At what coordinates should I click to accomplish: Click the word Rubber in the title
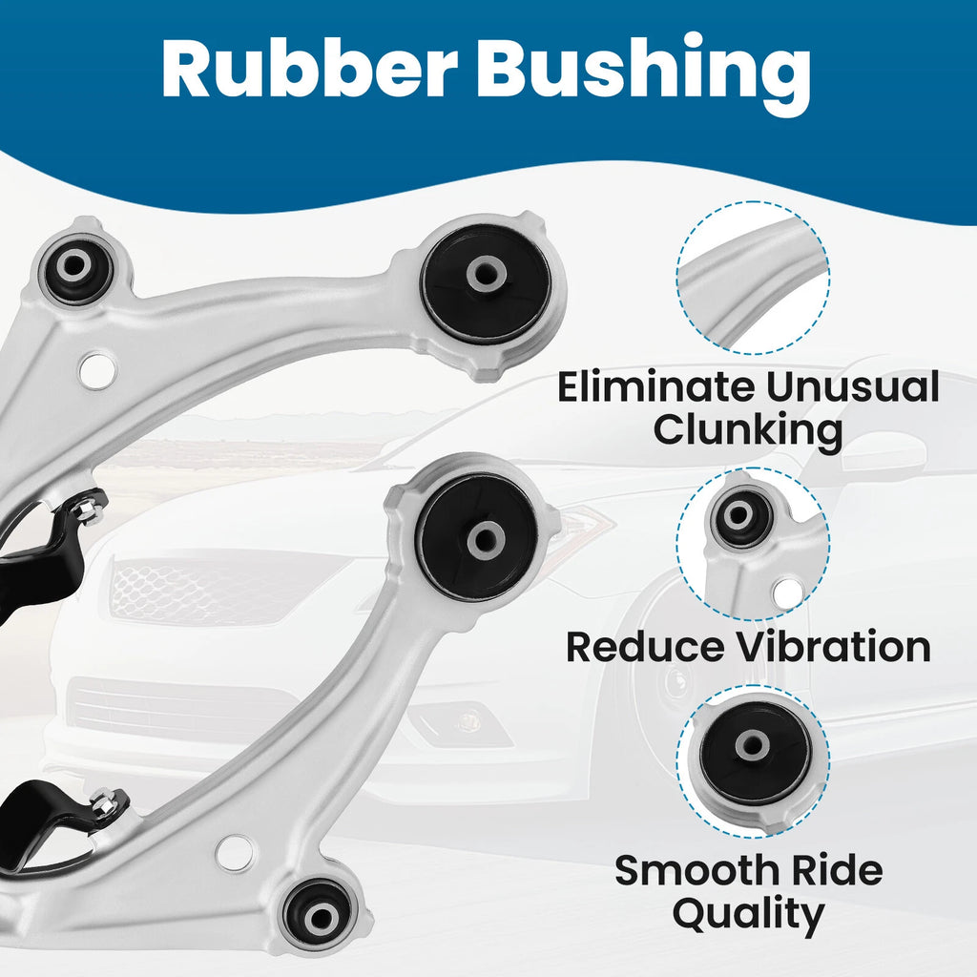click(310, 69)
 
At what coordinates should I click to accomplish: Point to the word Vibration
click(834, 647)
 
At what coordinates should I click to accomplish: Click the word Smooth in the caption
click(697, 870)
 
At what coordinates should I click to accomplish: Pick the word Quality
click(748, 915)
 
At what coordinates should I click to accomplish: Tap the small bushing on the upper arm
click(75, 267)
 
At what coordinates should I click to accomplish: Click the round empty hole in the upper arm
click(97, 371)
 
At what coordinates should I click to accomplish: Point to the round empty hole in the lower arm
click(235, 852)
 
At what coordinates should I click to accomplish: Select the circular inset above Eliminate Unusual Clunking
click(752, 278)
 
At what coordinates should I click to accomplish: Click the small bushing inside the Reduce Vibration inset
click(740, 516)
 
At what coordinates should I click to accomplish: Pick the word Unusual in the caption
click(852, 387)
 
